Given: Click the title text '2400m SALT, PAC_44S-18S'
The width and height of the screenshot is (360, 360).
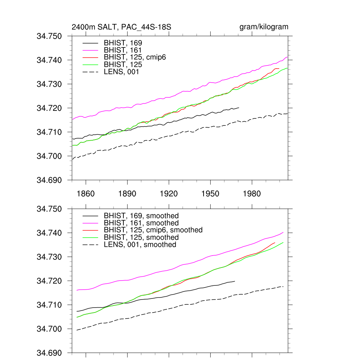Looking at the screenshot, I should (x=121, y=27).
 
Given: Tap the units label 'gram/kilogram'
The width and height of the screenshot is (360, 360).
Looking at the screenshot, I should (x=264, y=27).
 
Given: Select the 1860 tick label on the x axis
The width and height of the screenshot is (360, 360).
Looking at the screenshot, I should (x=86, y=194).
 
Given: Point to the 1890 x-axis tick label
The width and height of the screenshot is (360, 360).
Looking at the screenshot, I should (x=127, y=194).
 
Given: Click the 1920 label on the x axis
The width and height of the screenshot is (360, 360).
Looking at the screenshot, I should (x=169, y=194).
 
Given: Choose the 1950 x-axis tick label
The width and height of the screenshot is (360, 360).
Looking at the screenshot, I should (x=210, y=194).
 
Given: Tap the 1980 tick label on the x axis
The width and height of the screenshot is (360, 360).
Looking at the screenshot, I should (x=252, y=194).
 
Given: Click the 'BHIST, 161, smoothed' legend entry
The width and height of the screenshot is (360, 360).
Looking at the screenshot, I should (x=141, y=223).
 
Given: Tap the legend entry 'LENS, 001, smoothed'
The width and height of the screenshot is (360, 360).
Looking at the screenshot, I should (x=140, y=244).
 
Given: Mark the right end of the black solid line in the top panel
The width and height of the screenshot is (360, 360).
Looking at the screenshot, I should (x=239, y=108).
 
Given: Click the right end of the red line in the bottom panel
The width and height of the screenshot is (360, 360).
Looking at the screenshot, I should (x=275, y=243).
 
